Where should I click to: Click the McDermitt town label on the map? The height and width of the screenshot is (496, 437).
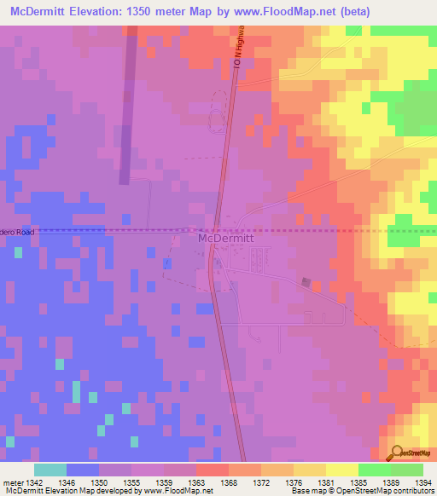tap(225, 239)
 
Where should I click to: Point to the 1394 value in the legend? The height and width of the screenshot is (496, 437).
tap(422, 482)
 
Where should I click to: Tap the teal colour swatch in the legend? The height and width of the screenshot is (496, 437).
tap(50, 470)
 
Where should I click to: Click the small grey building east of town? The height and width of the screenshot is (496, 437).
tap(306, 282)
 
